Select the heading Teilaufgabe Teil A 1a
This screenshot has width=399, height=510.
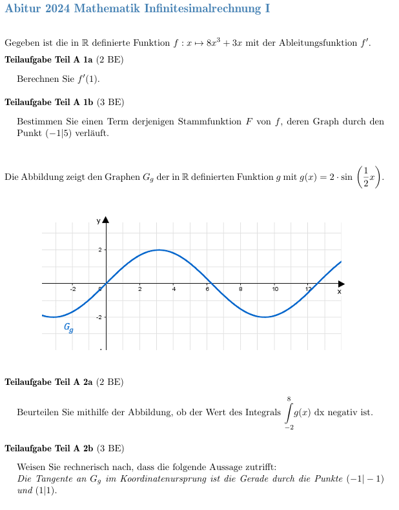point(49,60)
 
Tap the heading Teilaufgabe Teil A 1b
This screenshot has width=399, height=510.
point(49,102)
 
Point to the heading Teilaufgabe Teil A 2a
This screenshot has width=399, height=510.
point(49,382)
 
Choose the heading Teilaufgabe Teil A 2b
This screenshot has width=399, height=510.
point(49,448)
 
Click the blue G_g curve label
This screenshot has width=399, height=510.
point(68,328)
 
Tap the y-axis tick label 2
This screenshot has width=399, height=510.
point(99,250)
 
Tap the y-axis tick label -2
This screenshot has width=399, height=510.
point(99,317)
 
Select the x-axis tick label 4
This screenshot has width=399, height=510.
point(174,289)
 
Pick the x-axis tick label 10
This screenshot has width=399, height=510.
point(275,289)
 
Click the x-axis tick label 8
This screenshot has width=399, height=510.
point(241,289)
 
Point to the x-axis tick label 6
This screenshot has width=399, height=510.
point(207,289)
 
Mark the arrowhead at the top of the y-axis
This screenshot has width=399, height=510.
point(106,220)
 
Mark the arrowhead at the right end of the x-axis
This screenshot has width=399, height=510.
point(342,283)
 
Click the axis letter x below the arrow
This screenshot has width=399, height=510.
point(339,291)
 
